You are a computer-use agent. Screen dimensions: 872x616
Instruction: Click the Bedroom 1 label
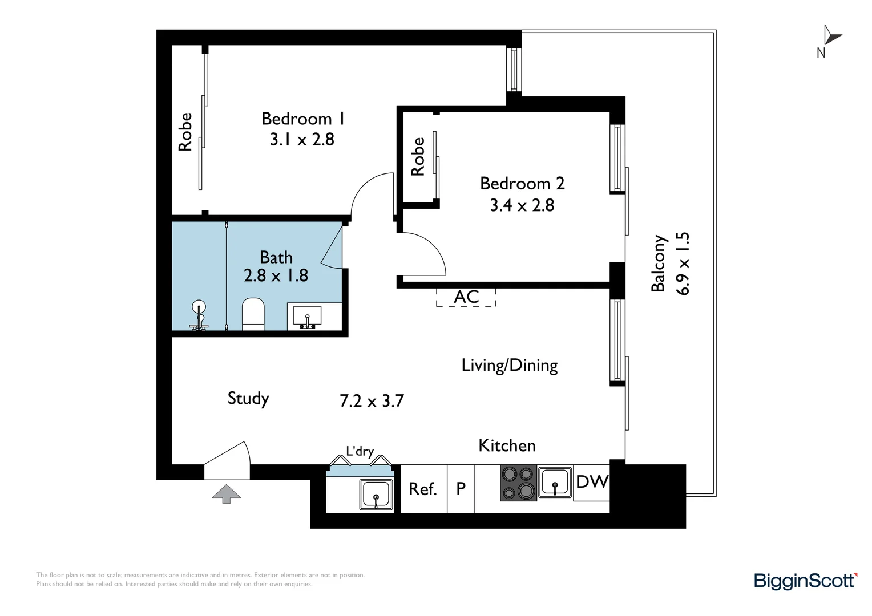point(303,119)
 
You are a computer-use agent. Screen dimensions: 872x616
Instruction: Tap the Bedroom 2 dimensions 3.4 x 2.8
point(522,205)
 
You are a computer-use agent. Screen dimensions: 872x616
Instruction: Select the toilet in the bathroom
point(253,314)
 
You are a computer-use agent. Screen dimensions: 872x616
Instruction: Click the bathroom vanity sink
point(307,316)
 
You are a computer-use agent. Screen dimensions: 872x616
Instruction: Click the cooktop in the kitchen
point(518,483)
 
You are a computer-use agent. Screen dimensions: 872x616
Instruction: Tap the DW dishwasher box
point(591,483)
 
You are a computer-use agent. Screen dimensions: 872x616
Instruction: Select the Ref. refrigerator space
point(423,489)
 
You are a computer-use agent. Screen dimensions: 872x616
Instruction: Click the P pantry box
point(461,489)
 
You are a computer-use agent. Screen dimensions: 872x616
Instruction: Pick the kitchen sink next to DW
point(555,482)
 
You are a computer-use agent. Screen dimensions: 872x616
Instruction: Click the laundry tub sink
point(376,494)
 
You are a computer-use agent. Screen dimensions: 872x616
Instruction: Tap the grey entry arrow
point(226,494)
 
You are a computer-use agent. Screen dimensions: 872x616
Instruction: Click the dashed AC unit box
point(466,297)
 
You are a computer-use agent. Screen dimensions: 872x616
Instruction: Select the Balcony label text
point(658,263)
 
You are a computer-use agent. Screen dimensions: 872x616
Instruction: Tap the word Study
point(248,399)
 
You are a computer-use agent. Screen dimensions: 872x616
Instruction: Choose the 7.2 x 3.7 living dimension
point(372,401)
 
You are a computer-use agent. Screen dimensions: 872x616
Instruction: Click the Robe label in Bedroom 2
point(418,156)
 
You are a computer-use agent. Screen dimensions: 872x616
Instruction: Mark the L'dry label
point(360,451)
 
